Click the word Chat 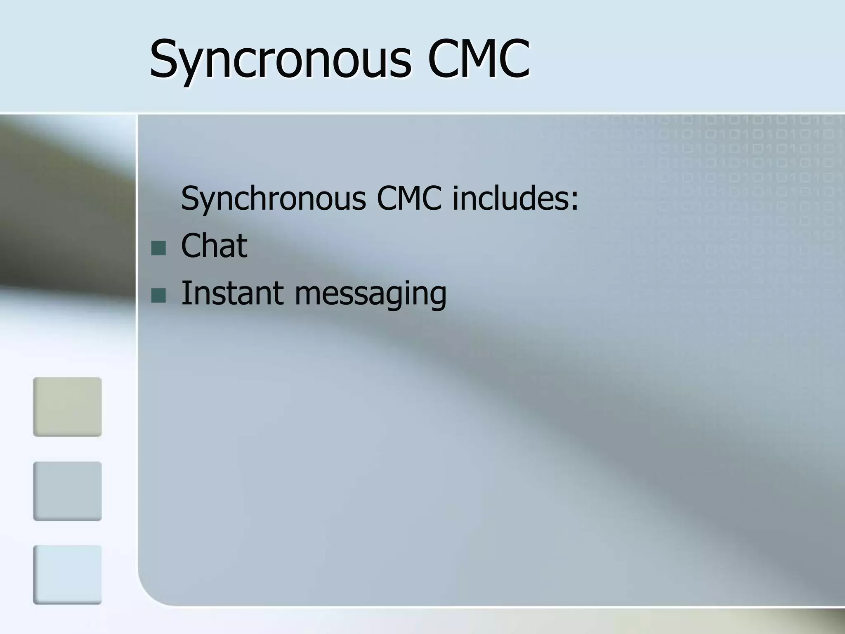(x=214, y=246)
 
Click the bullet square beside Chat (x=158, y=248)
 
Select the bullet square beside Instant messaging (x=158, y=295)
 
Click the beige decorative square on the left (x=67, y=407)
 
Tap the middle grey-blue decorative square (x=67, y=491)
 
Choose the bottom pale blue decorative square (x=67, y=575)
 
